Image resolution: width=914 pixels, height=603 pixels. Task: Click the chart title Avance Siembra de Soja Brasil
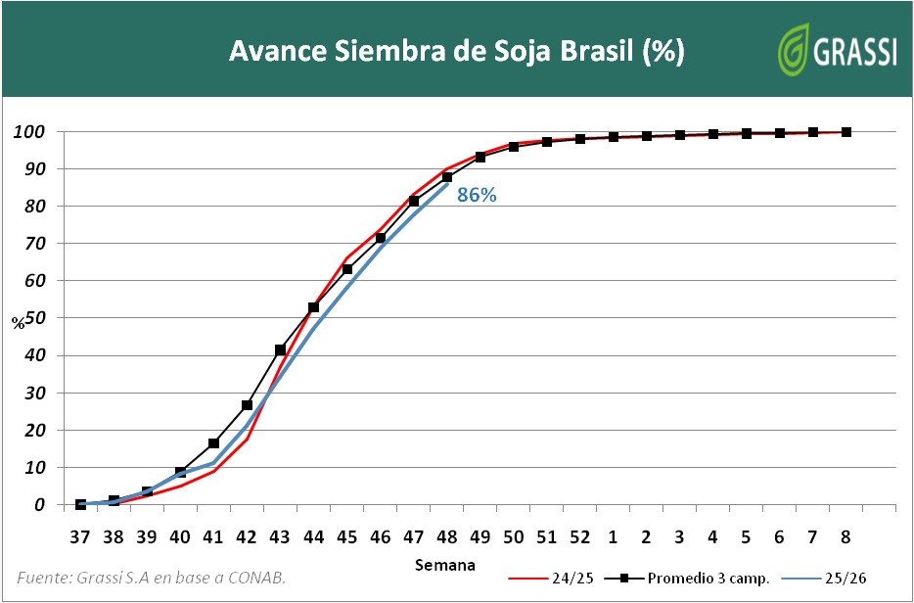456,51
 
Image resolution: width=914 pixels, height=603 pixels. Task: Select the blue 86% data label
478,195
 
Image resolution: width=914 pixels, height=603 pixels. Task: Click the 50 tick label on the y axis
36,318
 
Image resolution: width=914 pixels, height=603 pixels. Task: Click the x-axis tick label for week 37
80,536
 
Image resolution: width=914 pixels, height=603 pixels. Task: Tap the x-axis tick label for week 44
313,536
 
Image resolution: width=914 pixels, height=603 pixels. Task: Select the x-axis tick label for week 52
580,536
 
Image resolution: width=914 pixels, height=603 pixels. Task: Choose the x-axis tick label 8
846,536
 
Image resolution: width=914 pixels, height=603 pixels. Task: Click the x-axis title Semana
444,565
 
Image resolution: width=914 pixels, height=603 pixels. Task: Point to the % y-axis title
18,323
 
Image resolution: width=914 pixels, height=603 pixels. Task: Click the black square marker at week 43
280,349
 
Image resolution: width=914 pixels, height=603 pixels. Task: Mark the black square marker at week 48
447,177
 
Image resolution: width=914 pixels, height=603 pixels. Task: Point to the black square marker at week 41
213,443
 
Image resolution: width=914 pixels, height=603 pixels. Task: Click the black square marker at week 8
846,132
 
